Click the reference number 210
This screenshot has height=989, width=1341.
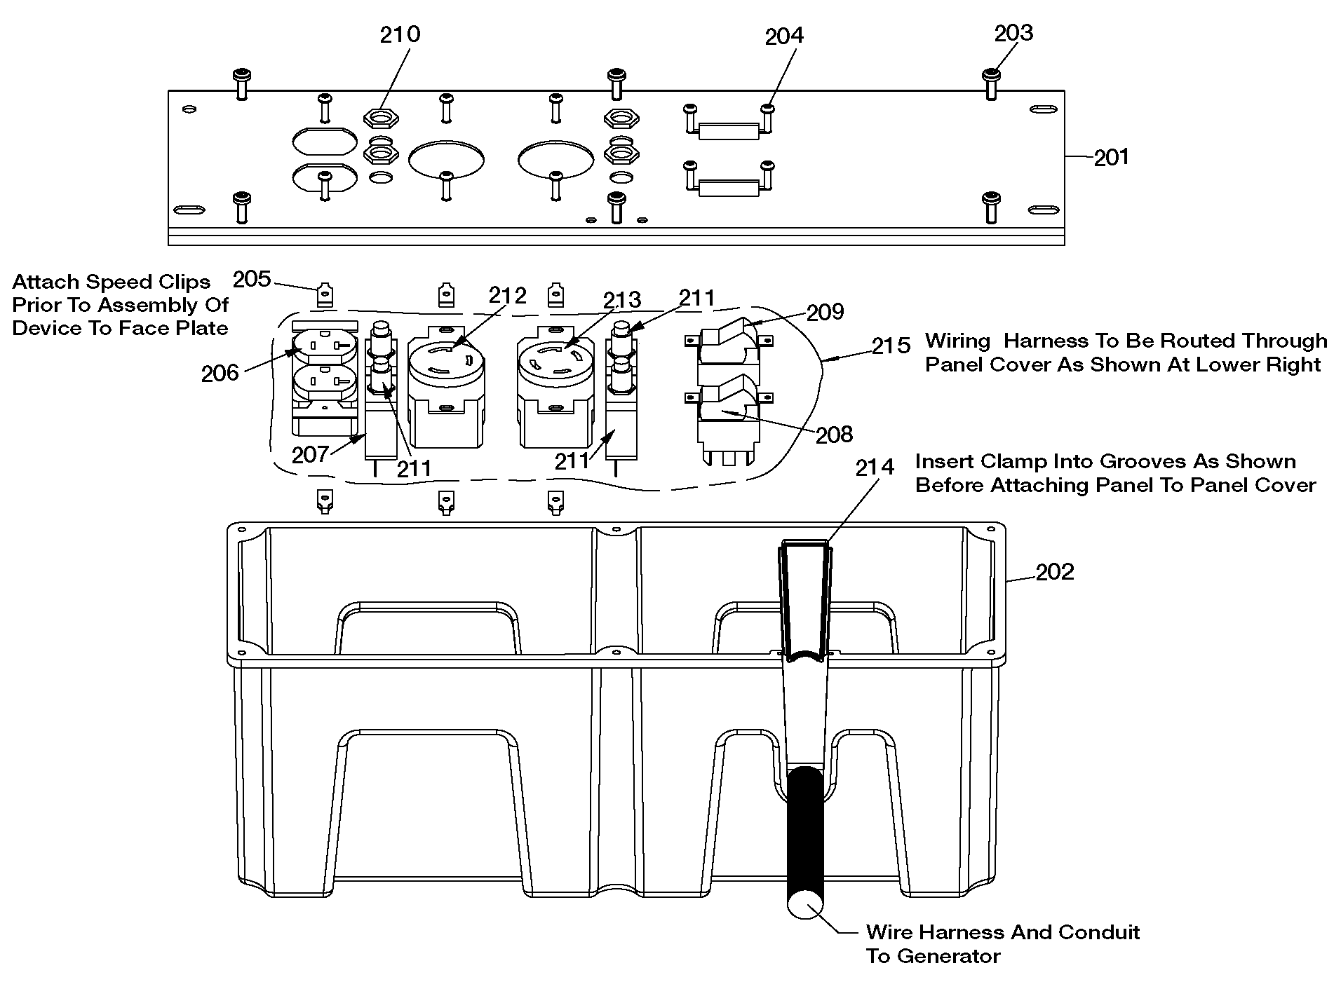point(400,34)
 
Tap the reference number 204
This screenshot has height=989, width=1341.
point(784,36)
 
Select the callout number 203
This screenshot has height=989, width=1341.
point(1013,33)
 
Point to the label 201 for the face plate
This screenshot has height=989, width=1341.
point(1112,157)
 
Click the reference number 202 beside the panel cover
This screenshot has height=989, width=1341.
point(1055,572)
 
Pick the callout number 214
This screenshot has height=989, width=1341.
point(875,467)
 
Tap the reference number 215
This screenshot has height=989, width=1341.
point(891,346)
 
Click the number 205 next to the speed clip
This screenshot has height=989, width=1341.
point(252,280)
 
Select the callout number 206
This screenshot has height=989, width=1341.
point(220,374)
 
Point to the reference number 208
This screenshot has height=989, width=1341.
point(834,435)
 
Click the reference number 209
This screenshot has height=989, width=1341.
point(826,312)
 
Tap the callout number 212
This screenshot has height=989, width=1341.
point(508,296)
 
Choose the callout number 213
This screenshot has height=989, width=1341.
point(622,300)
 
